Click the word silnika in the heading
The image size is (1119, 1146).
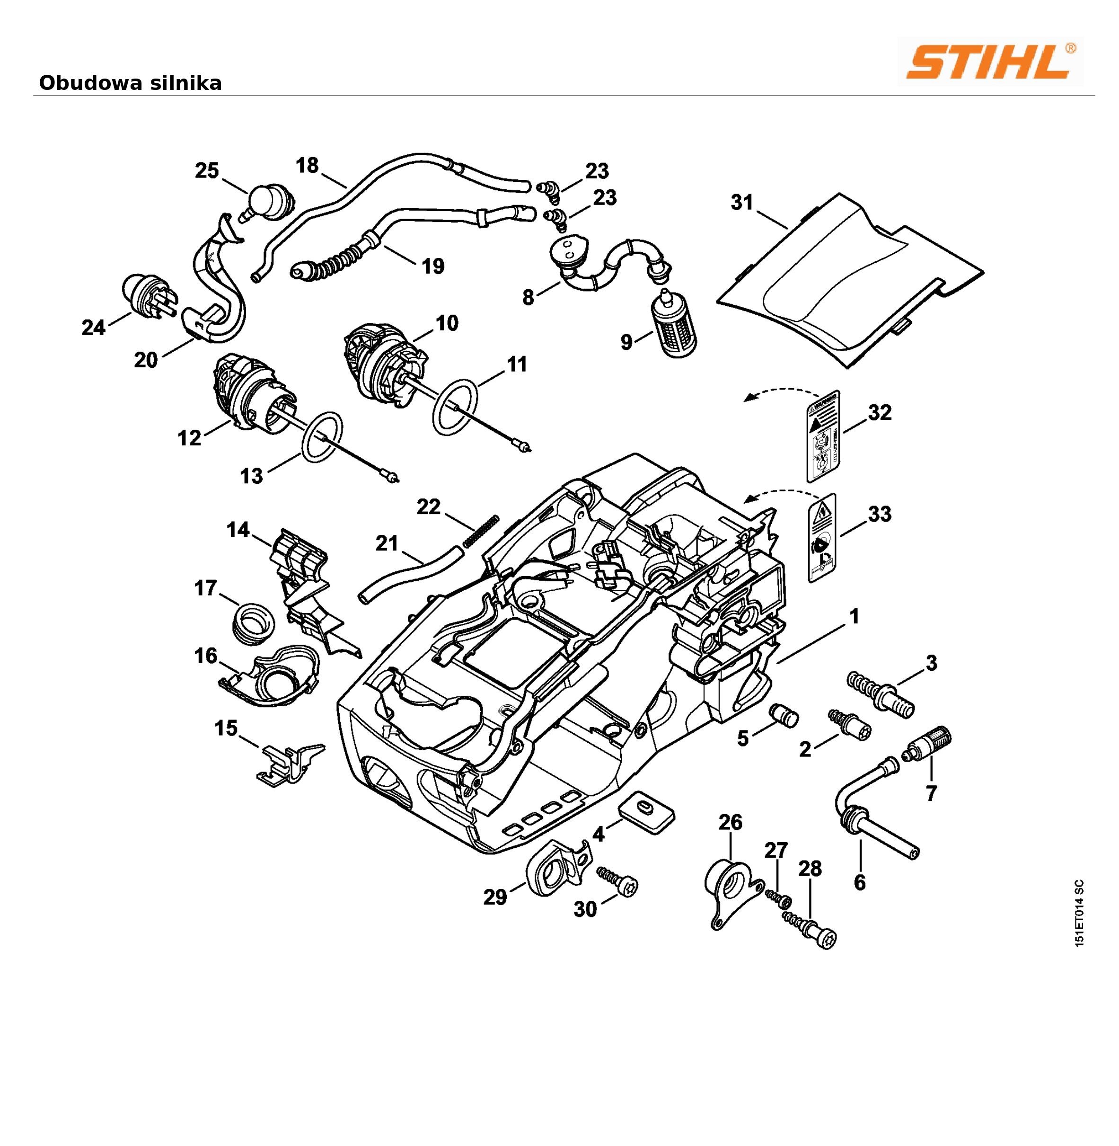click(x=186, y=83)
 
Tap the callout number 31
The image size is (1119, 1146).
click(x=742, y=203)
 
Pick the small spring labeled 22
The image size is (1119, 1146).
click(x=481, y=530)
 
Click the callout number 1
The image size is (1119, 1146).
click(x=855, y=616)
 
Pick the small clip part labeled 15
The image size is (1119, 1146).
click(x=288, y=763)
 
